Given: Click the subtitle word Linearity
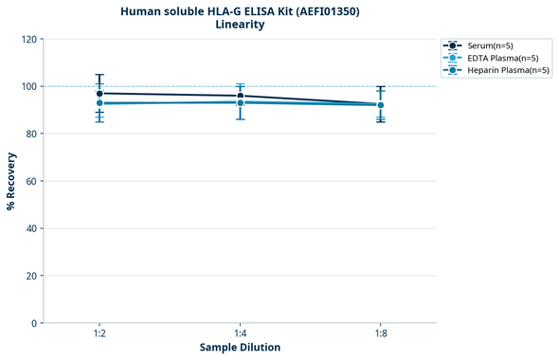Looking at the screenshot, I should pos(240,25).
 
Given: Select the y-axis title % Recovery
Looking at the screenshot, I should pos(11,181).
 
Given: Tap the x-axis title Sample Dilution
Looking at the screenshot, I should pos(240,348).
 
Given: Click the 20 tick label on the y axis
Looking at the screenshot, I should pos(30,276).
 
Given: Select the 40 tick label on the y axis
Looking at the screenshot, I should pos(30,228).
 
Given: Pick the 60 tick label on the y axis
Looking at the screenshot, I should pos(30,181).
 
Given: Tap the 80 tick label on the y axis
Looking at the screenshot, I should pos(30,134).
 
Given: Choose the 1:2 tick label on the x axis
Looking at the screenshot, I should pos(99,333).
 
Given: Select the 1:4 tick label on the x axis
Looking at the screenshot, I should pos(240,333).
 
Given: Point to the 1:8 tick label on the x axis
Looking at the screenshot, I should pos(380,333).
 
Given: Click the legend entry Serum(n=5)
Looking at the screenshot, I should pos(490,45).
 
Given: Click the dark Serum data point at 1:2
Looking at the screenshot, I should pos(99,94).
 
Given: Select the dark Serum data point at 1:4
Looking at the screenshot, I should pos(240,96).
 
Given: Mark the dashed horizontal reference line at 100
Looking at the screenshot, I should pos(313,86).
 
